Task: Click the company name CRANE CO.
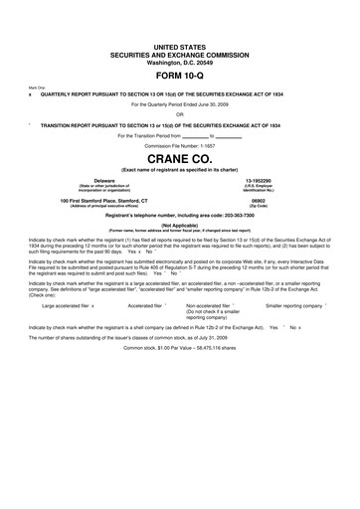180,156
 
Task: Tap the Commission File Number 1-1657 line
180,143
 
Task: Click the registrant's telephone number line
180,216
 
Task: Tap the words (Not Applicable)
180,225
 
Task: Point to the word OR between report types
180,112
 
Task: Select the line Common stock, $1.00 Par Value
180,376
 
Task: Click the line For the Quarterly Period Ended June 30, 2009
180,102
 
